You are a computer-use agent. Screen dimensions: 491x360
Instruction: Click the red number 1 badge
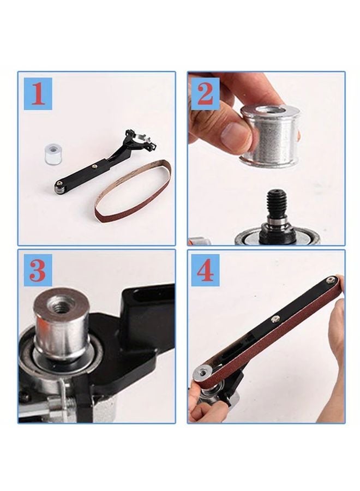[x=38, y=94]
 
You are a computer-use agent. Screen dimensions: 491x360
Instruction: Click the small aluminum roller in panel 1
[x=52, y=153]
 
